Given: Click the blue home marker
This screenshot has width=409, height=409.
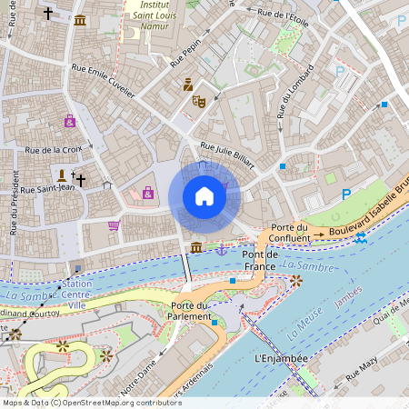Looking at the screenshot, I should click(204, 196).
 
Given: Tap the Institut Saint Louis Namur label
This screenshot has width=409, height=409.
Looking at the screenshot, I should click(155, 17).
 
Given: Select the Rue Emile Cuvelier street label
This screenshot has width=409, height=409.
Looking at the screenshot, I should click(103, 81).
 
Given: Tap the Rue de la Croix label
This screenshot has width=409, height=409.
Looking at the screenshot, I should click(54, 150).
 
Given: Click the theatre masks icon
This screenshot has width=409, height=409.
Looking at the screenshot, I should click(198, 102).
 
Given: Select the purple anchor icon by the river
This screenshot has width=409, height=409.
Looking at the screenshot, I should click(221, 248).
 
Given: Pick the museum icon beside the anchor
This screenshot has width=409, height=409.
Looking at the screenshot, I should click(195, 248).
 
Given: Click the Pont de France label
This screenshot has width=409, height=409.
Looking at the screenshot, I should click(259, 260).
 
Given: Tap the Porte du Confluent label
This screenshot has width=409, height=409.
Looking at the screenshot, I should click(289, 232).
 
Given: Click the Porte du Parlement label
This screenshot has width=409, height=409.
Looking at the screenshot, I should click(189, 310).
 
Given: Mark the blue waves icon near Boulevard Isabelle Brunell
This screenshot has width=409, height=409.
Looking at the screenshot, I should click(362, 238).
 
